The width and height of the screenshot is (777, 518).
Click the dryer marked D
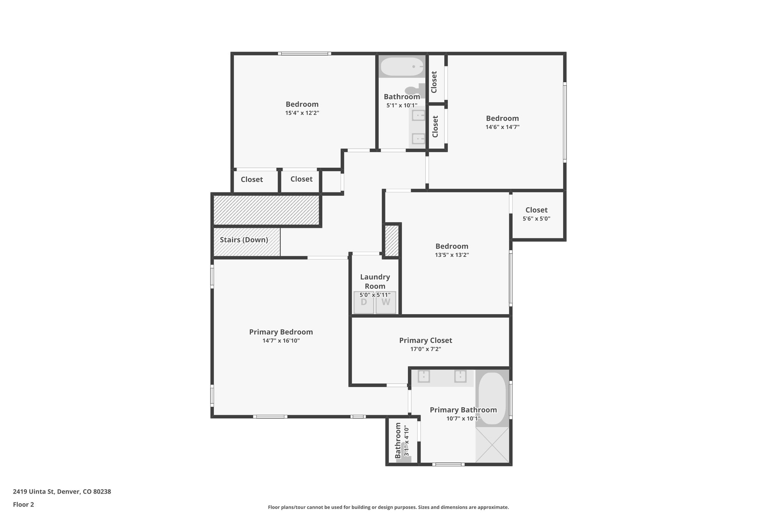[364, 302]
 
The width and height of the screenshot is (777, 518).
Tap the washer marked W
[386, 302]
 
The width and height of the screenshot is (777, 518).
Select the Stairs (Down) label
[244, 240]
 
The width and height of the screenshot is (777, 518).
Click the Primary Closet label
[426, 340]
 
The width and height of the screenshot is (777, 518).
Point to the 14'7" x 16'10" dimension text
[281, 341]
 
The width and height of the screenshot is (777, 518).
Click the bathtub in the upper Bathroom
[402, 67]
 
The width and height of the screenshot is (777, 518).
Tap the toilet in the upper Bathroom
[415, 90]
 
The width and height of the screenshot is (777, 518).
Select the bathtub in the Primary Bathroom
[492, 398]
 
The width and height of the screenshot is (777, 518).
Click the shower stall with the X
[492, 445]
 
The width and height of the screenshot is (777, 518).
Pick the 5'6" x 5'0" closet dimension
[536, 219]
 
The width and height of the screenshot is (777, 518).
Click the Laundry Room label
[375, 282]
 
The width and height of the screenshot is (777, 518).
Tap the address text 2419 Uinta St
[34, 491]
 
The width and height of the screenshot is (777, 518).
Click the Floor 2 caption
[24, 504]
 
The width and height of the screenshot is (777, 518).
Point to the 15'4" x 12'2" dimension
[302, 113]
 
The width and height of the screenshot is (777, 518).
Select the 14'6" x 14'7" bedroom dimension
[502, 127]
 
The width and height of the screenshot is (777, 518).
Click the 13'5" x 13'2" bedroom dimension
[452, 255]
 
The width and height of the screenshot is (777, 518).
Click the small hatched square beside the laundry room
[392, 241]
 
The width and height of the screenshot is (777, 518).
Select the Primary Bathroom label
[463, 410]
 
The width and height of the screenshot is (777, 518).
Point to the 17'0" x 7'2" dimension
[426, 349]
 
